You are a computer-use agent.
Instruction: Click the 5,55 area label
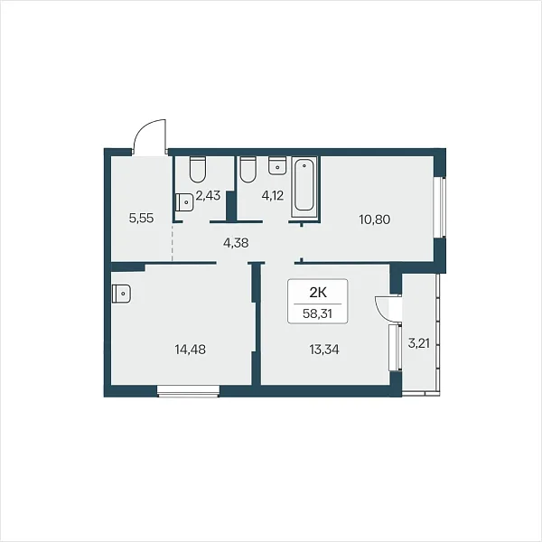tap(141, 219)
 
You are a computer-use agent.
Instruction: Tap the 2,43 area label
tap(208, 196)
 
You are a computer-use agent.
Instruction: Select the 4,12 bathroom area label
tap(273, 196)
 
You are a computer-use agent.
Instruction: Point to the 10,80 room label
tap(375, 220)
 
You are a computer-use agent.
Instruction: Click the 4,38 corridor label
tap(236, 243)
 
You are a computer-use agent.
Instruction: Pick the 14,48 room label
tap(190, 350)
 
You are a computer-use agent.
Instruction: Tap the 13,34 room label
tap(324, 350)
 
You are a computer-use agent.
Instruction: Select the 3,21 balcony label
tap(419, 343)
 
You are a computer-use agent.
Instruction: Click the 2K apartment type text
tap(318, 293)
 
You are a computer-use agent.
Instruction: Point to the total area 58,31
tap(317, 313)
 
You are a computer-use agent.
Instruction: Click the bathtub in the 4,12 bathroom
tap(304, 187)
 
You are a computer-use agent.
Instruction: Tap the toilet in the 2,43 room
tap(198, 170)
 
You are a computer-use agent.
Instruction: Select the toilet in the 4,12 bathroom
tap(248, 170)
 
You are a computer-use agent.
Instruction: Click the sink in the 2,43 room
tap(184, 201)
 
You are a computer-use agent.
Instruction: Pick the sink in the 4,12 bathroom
tap(277, 165)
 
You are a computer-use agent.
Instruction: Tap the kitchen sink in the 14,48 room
tap(121, 294)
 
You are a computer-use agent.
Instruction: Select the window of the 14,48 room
tap(189, 391)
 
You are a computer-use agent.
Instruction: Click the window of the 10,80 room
tap(440, 208)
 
